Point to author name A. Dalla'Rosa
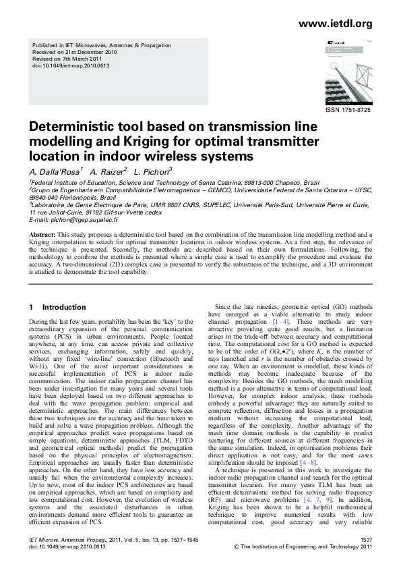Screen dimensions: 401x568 [x=55, y=172]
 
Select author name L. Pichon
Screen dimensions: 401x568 [x=152, y=172]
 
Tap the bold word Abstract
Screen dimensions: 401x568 [x=42, y=234]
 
